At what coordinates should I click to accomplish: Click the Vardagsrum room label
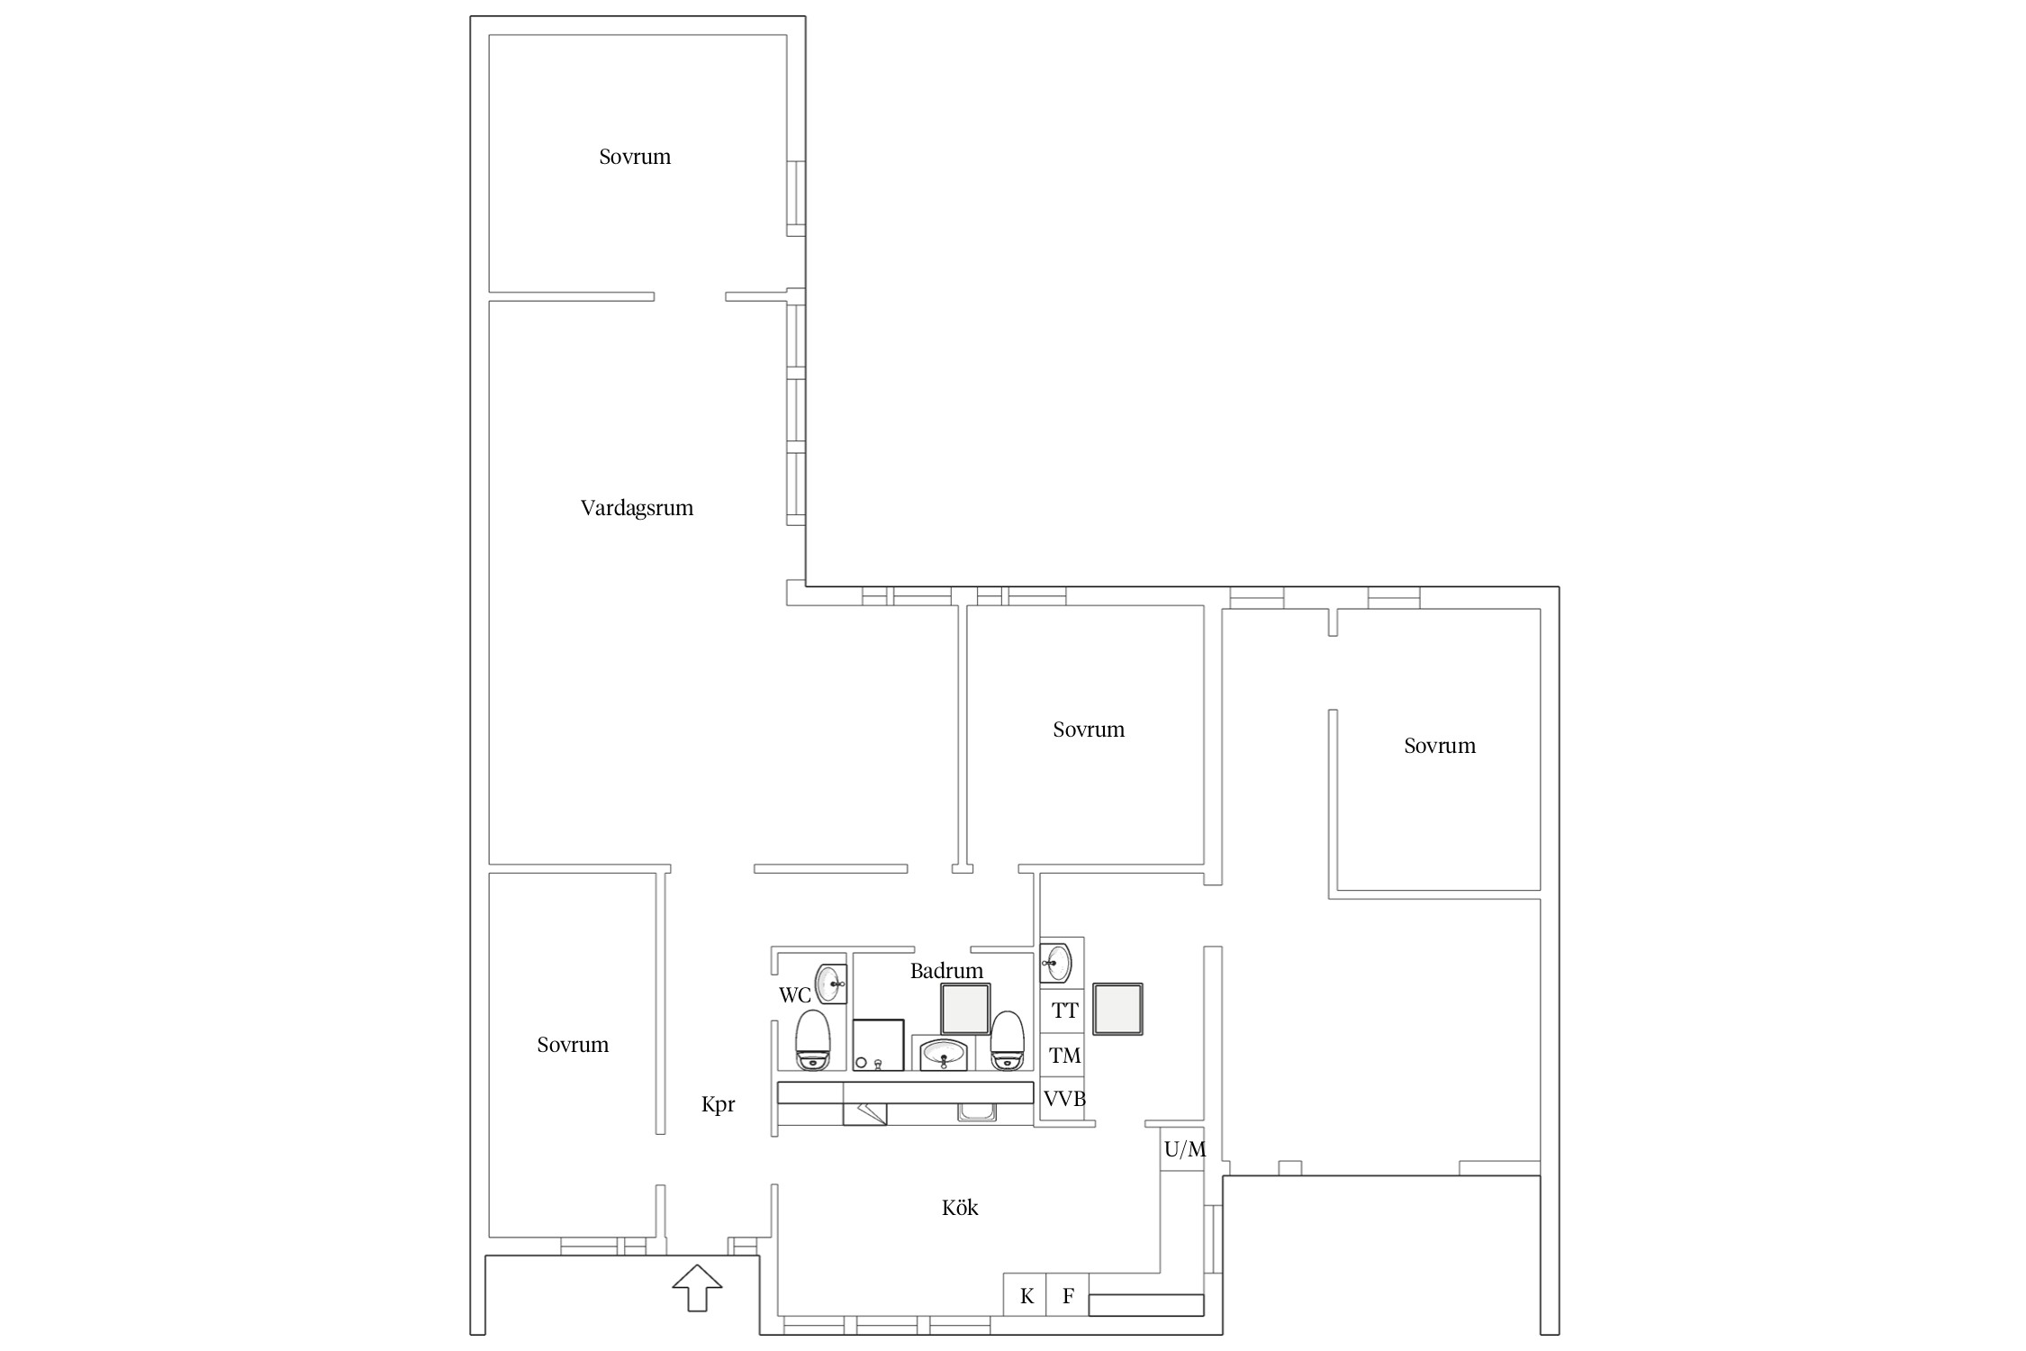[x=637, y=508]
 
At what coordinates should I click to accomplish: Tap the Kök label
[x=960, y=1208]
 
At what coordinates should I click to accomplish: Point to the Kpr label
[x=719, y=1105]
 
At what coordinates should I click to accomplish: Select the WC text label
[x=795, y=995]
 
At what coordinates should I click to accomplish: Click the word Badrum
[x=946, y=971]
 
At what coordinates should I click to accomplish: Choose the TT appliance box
[x=1063, y=1011]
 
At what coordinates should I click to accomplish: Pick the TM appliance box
[x=1063, y=1055]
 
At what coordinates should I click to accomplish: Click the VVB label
[x=1064, y=1099]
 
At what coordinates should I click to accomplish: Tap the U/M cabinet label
[x=1184, y=1149]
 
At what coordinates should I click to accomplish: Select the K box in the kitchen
[x=1026, y=1295]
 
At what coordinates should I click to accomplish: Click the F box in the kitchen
[x=1068, y=1295]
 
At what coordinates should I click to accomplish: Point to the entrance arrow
[x=697, y=1288]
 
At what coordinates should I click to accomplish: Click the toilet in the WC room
[x=812, y=1040]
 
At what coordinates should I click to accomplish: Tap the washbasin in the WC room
[x=830, y=984]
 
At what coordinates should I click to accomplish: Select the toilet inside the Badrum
[x=1008, y=1041]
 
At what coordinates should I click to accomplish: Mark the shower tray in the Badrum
[x=877, y=1045]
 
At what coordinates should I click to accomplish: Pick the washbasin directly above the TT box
[x=1056, y=963]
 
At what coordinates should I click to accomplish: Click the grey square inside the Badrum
[x=965, y=1009]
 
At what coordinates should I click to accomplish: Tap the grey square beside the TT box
[x=1117, y=1009]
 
